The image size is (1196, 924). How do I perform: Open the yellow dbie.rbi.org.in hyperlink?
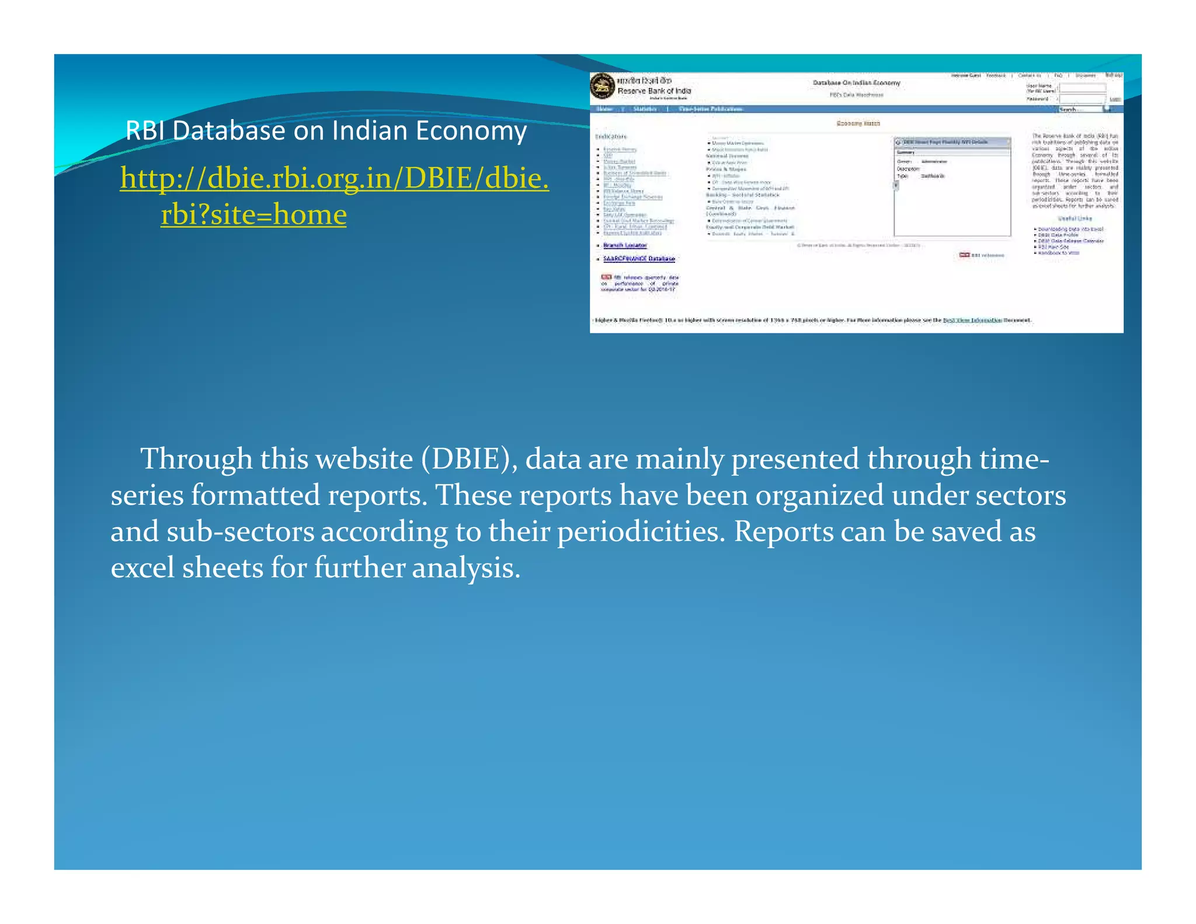pyautogui.click(x=334, y=178)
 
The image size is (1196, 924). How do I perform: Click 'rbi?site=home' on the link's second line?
pyautogui.click(x=253, y=214)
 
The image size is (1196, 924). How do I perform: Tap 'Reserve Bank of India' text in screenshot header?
pyautogui.click(x=654, y=91)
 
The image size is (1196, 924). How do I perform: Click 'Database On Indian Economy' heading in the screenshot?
pyautogui.click(x=856, y=83)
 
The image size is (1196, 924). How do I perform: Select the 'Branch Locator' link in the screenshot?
pyautogui.click(x=625, y=245)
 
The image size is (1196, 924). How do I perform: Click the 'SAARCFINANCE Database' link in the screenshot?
pyautogui.click(x=639, y=259)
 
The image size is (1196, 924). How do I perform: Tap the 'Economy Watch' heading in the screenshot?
pyautogui.click(x=858, y=123)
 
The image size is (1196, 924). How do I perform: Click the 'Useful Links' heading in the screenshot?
pyautogui.click(x=1075, y=218)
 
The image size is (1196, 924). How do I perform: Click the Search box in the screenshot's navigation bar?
pyautogui.click(x=1080, y=109)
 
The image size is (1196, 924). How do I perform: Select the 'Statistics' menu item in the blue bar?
pyautogui.click(x=645, y=109)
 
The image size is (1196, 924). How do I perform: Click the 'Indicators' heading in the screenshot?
pyautogui.click(x=611, y=137)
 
